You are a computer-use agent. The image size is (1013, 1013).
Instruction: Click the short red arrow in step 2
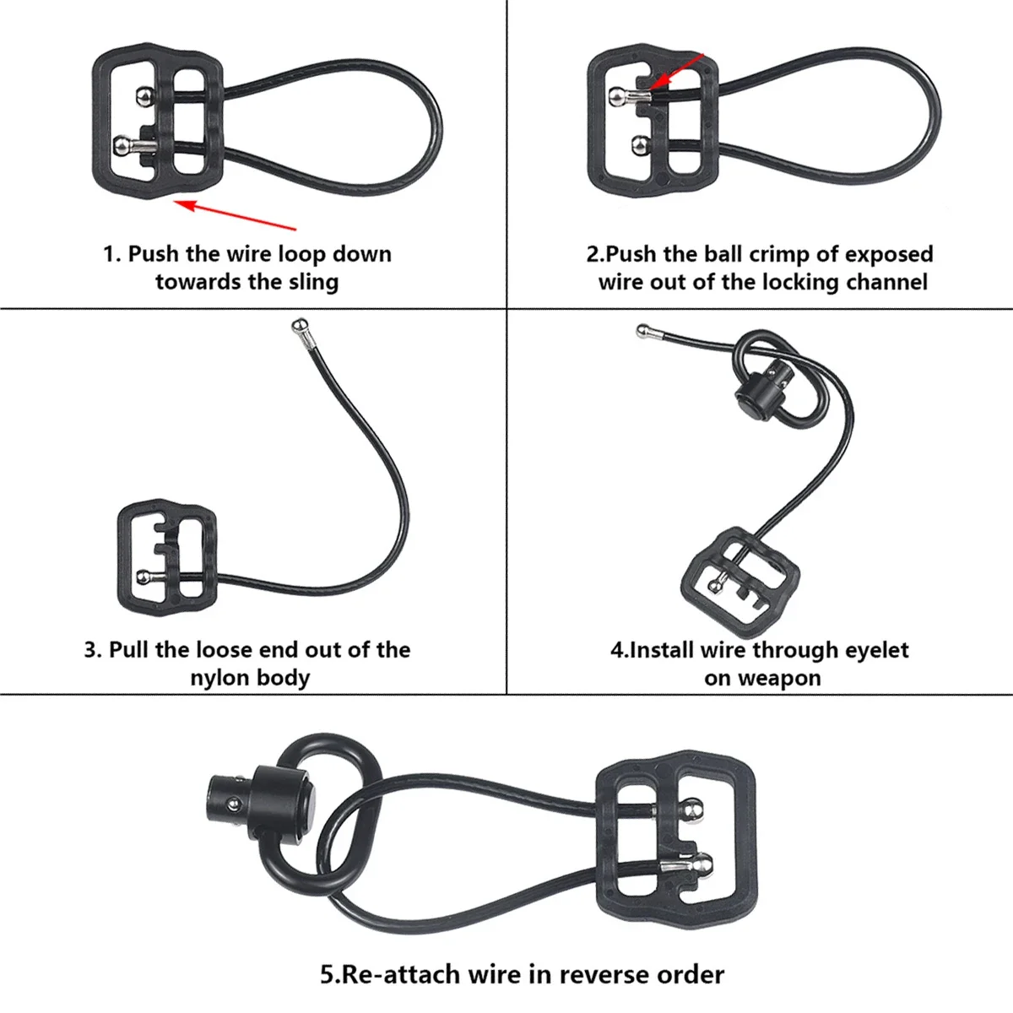(x=680, y=69)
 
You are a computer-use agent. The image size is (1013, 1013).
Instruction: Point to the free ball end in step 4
(x=644, y=330)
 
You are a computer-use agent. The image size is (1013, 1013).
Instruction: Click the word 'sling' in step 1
(x=313, y=282)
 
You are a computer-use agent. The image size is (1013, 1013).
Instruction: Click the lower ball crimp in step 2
(x=640, y=146)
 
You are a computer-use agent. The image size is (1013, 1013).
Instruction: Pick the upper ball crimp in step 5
(x=692, y=810)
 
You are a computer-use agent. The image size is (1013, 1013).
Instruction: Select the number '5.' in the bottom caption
(x=329, y=975)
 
